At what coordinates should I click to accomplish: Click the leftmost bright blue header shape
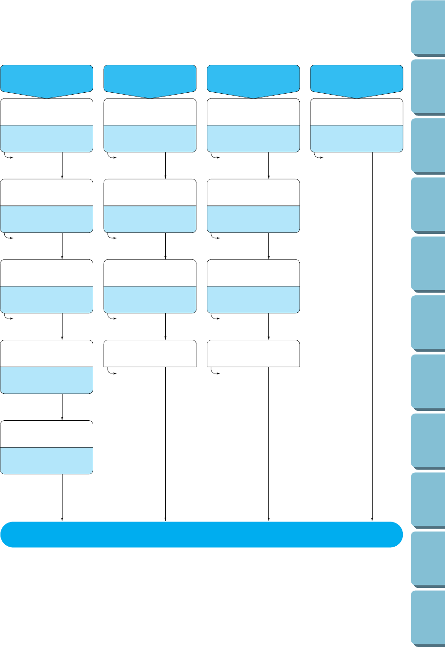pos(46,79)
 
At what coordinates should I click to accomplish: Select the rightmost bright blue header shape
pos(356,79)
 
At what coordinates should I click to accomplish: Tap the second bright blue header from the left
pos(150,79)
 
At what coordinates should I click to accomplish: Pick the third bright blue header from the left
pos(253,79)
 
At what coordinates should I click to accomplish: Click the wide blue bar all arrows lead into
pos(201,534)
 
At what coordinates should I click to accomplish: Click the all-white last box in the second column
pos(150,353)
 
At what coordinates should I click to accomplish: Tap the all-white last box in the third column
pos(253,353)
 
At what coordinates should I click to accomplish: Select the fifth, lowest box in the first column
pos(46,447)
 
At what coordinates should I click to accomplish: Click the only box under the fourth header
pos(356,125)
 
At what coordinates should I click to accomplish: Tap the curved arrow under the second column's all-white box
pos(111,372)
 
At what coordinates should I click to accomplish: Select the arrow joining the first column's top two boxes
pos(62,165)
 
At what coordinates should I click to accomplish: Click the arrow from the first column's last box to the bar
pos(62,497)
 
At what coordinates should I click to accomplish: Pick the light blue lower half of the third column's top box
pos(253,139)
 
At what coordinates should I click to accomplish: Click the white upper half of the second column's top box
pos(150,112)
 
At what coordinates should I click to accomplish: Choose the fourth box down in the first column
pos(46,366)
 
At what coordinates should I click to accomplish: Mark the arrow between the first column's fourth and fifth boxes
pos(62,407)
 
